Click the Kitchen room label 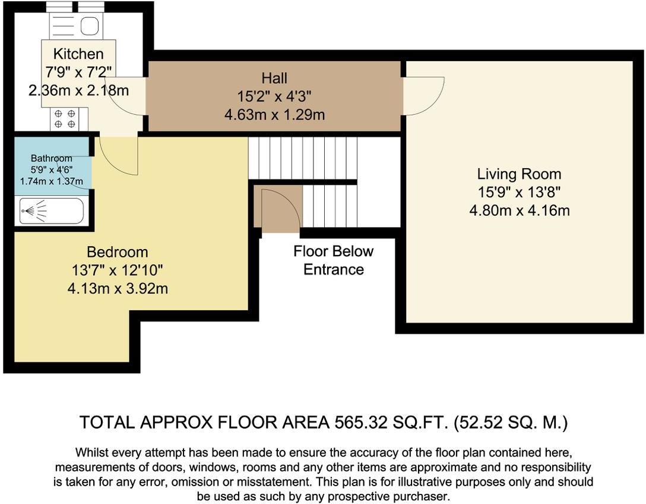(x=78, y=53)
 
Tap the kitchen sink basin (x=89, y=26)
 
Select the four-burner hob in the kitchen (x=65, y=118)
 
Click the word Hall (x=274, y=78)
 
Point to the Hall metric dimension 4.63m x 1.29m (x=274, y=115)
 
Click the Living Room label (x=519, y=174)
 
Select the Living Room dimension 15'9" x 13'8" (x=519, y=192)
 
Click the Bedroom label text (x=118, y=252)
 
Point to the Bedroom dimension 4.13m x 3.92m (x=118, y=288)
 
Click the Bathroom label (x=52, y=158)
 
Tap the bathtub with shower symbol (x=52, y=211)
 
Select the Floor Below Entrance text (x=333, y=260)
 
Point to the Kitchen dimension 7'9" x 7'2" (x=78, y=72)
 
